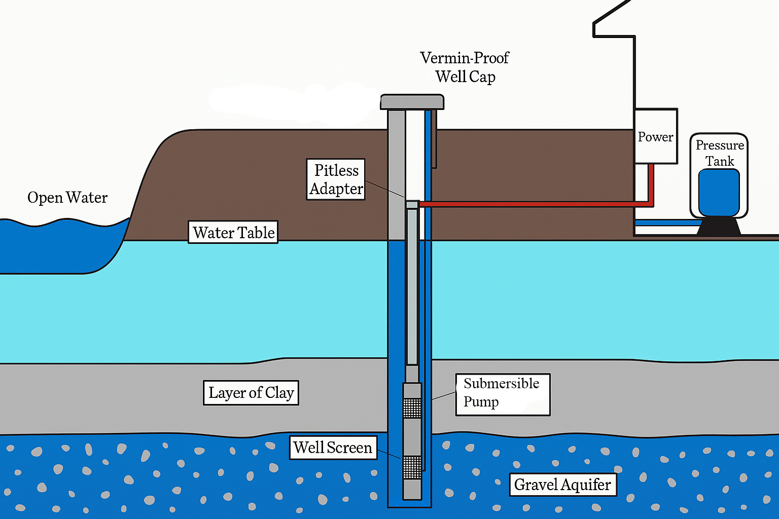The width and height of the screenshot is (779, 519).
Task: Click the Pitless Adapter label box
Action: [x=336, y=179]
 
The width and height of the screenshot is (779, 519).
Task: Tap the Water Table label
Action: [x=233, y=232]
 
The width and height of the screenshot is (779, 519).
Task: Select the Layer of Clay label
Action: [x=251, y=393]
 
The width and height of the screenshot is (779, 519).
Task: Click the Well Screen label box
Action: [x=333, y=448]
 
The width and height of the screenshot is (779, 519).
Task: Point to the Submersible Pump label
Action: [x=503, y=394]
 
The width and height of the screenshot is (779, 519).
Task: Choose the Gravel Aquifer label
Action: [x=562, y=485]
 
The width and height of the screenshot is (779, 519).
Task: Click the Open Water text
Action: [x=67, y=198]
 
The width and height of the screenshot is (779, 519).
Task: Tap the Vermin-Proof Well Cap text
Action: [x=465, y=67]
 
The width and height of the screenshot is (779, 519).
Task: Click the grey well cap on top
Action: [x=412, y=102]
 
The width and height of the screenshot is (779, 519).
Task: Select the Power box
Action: [x=656, y=136]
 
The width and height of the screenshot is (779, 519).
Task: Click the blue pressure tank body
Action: [x=719, y=193]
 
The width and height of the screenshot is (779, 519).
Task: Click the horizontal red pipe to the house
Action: [x=533, y=204]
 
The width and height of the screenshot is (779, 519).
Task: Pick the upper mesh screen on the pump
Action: [x=412, y=407]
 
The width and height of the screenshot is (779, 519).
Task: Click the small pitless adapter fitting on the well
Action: [x=412, y=205]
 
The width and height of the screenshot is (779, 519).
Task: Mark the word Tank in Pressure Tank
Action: [x=720, y=161]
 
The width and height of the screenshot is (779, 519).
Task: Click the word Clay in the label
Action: [x=279, y=393]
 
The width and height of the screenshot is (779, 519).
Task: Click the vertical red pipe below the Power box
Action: [x=651, y=182]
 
